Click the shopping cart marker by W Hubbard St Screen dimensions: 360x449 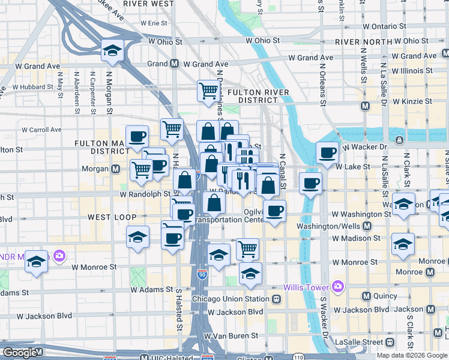(208, 91)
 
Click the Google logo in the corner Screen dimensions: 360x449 (20, 353)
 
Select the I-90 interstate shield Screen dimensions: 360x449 (202, 275)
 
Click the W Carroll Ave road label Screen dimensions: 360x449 (41, 130)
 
